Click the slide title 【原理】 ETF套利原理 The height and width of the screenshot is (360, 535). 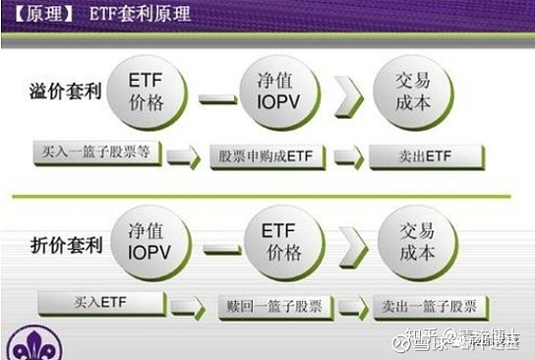[97, 15]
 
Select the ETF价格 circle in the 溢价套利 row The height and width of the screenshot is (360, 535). [146, 90]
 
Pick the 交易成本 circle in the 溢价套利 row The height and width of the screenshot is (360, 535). [412, 90]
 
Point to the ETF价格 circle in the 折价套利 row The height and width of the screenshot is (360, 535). [283, 241]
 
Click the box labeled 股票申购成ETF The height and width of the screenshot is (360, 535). [266, 155]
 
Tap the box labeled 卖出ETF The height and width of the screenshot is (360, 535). [425, 155]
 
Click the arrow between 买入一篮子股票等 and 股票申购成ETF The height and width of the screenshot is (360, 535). [184, 155]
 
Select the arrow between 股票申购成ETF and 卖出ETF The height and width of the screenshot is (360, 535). [348, 156]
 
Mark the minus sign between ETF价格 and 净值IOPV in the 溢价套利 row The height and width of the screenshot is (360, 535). [217, 98]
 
